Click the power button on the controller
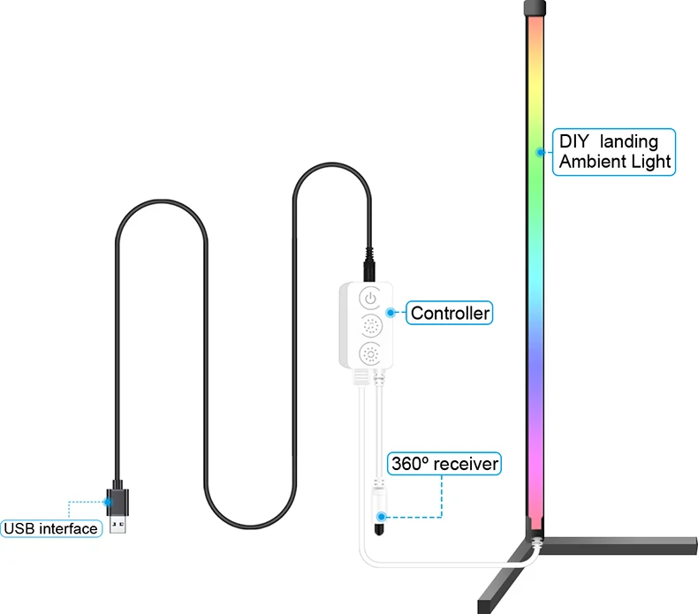(x=369, y=298)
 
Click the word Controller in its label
(x=450, y=313)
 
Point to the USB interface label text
(x=50, y=528)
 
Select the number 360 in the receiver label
(x=410, y=464)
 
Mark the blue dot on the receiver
(x=382, y=515)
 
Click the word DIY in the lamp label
(x=573, y=141)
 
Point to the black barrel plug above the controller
(x=369, y=263)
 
